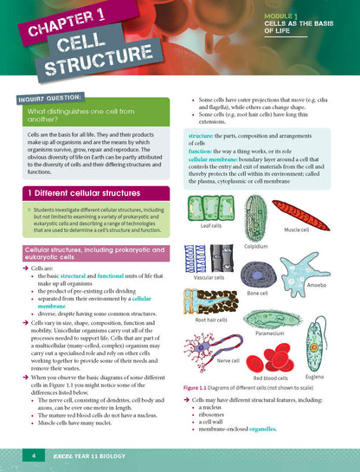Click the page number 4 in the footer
(33, 455)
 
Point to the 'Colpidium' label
(257, 246)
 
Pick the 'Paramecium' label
(273, 332)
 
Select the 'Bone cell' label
(258, 294)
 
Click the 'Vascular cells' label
(209, 278)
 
